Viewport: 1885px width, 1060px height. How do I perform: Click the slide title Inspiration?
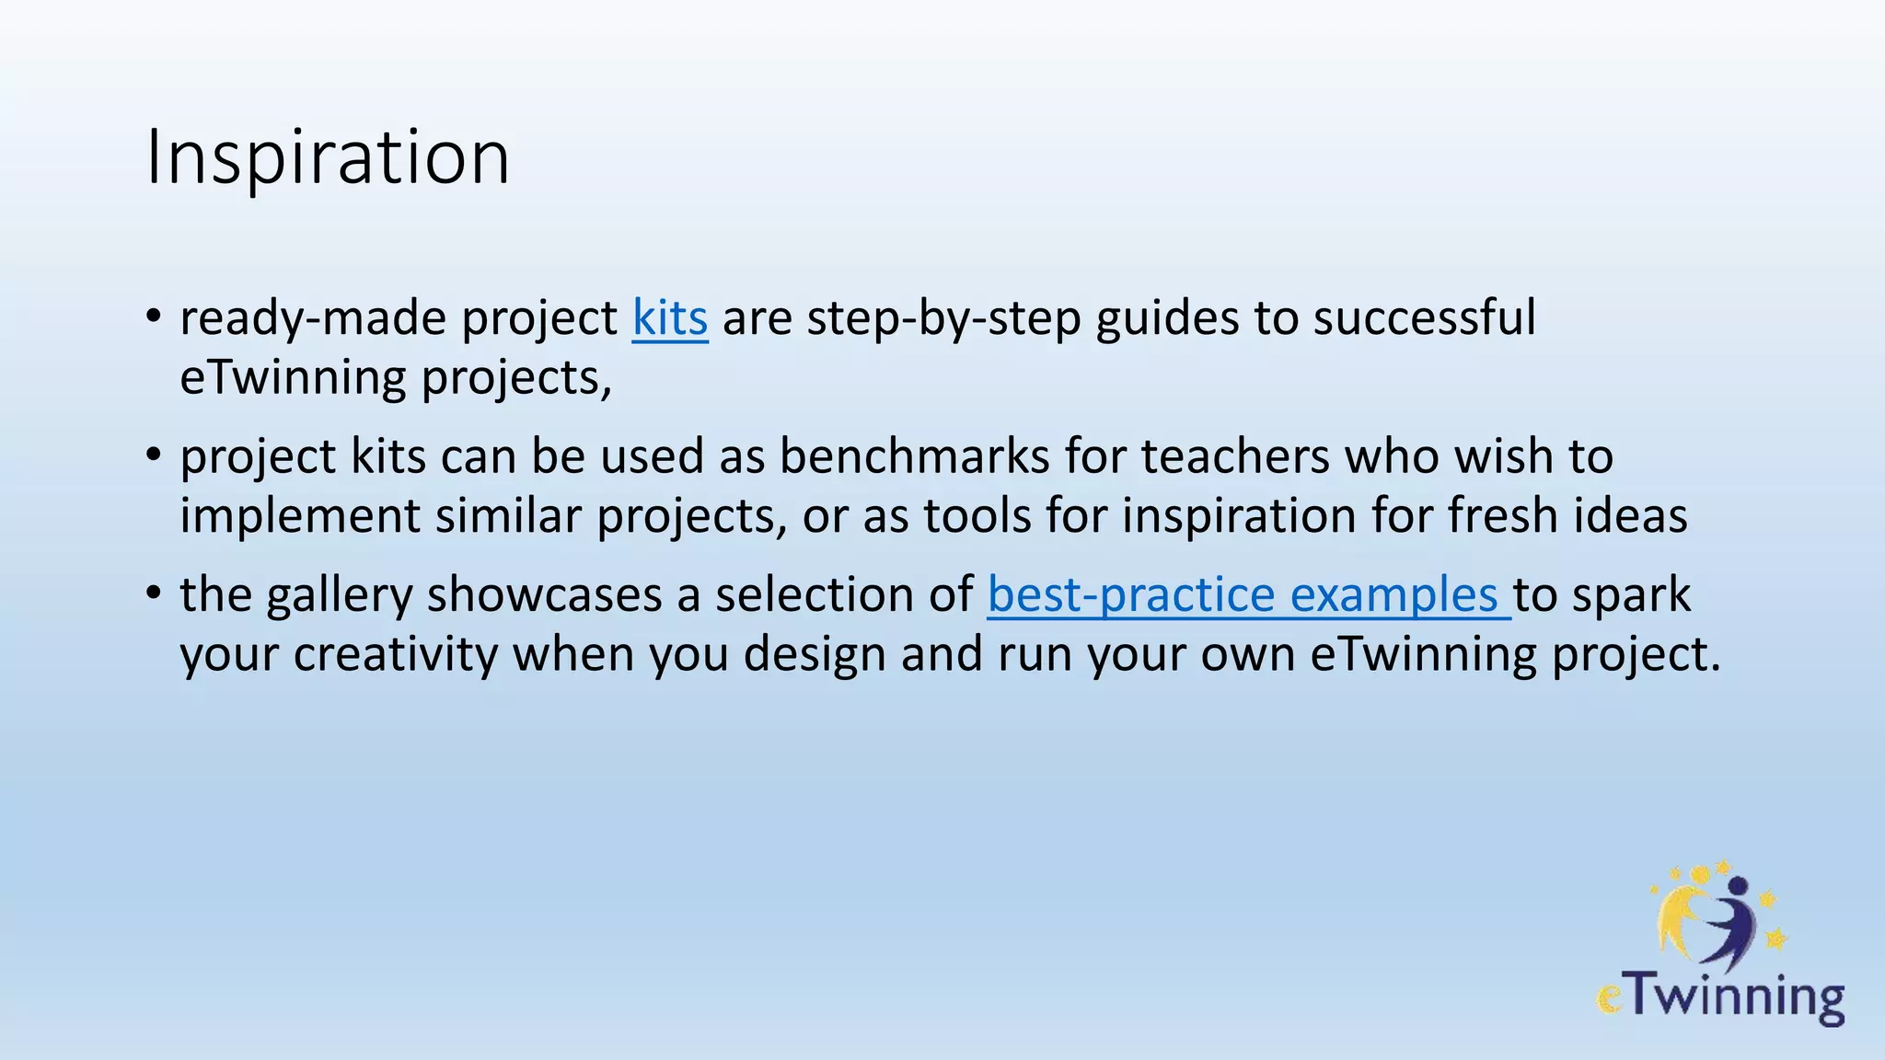(328, 157)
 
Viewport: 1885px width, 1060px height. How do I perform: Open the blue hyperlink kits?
(669, 318)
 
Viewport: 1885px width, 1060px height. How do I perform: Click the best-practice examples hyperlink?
(1247, 594)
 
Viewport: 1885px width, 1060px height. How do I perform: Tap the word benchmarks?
(914, 456)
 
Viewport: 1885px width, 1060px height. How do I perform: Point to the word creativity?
(395, 655)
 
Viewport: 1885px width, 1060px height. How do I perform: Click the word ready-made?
(313, 318)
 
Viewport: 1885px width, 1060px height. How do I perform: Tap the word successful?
(1424, 318)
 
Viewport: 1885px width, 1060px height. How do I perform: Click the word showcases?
(544, 594)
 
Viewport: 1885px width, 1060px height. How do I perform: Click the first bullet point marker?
(154, 318)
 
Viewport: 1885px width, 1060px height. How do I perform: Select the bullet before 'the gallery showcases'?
(154, 594)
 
